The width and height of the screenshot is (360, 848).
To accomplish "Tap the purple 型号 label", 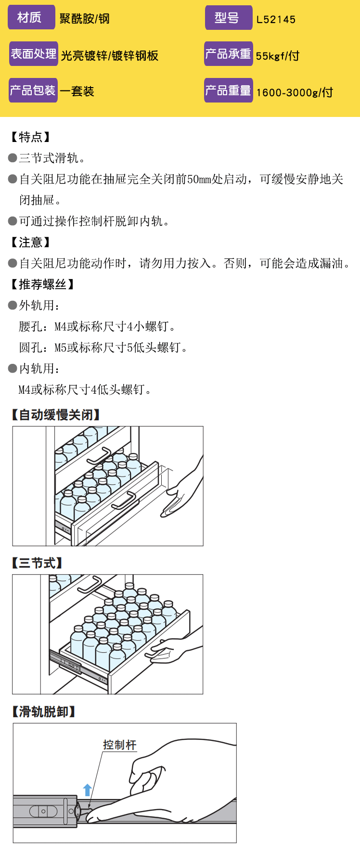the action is click(228, 18).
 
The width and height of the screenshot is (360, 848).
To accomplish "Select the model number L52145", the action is click(276, 20).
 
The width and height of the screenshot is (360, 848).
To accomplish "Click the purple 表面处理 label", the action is click(34, 54).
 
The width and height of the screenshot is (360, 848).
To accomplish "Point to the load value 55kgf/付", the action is click(278, 56).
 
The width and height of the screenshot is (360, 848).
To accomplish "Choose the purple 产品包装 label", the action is click(33, 90).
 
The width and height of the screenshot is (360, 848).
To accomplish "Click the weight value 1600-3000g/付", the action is click(295, 92).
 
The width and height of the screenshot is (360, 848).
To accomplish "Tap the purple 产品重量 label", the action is click(228, 90).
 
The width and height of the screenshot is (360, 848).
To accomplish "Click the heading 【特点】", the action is click(30, 137).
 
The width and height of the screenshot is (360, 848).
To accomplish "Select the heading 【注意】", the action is click(30, 242).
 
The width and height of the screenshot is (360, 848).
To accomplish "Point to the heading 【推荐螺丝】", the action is click(42, 284).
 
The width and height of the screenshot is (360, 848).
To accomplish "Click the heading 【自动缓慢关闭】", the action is click(56, 415).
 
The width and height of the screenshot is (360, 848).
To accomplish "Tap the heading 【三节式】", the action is click(37, 563).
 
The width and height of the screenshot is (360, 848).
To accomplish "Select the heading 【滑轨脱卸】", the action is click(43, 712).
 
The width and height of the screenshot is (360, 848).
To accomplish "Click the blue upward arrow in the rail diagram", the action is click(87, 790).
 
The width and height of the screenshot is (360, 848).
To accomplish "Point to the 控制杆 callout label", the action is click(120, 745).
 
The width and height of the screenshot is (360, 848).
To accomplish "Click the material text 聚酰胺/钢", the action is click(85, 19).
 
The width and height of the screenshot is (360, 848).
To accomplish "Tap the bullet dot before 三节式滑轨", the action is click(13, 158).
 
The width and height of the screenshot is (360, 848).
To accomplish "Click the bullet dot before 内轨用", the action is click(13, 369).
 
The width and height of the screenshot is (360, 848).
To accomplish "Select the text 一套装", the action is click(77, 91).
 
